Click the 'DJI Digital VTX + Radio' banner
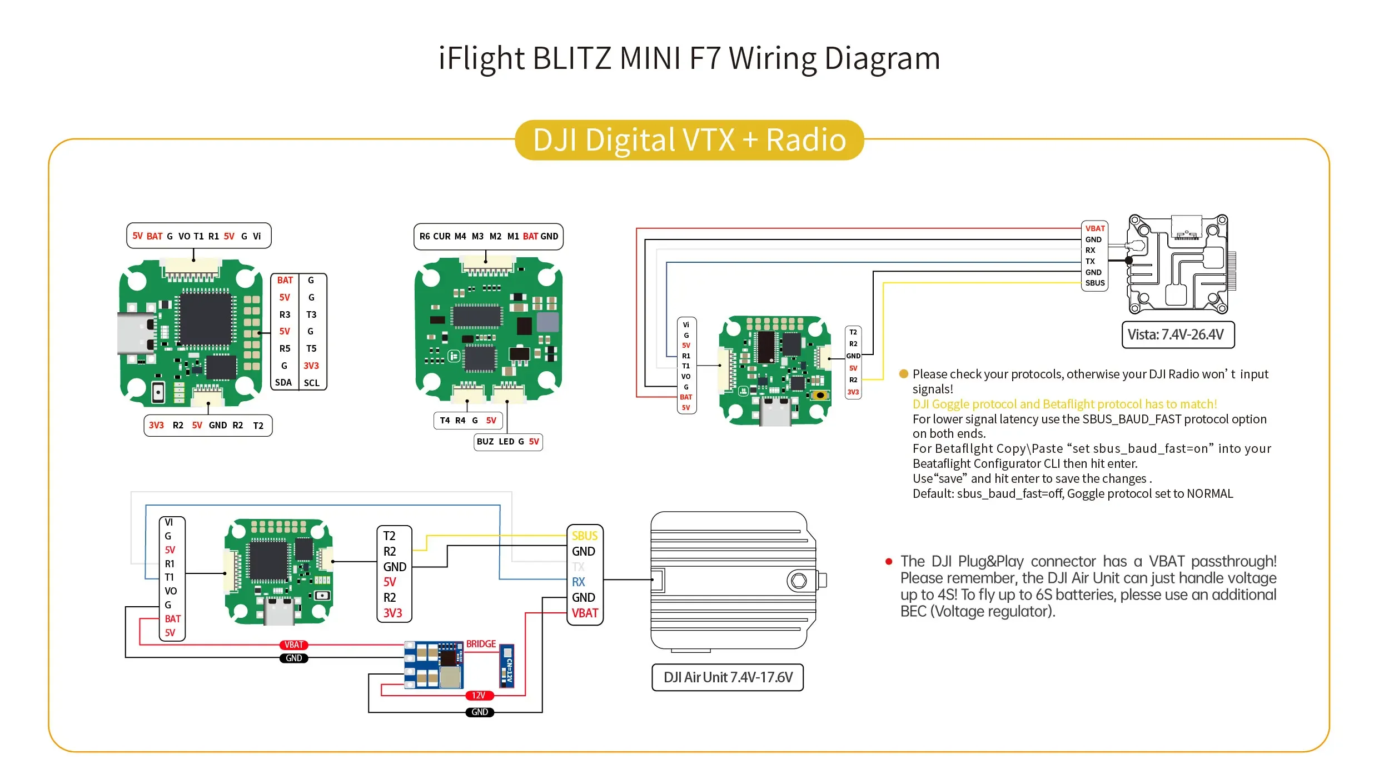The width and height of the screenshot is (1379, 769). [689, 140]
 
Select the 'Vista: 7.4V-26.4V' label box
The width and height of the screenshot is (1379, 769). [1178, 335]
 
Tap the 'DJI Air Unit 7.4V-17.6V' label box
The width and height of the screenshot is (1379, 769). [728, 677]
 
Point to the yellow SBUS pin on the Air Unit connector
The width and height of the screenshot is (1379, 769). [584, 536]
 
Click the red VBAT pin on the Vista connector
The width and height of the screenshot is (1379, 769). [1095, 228]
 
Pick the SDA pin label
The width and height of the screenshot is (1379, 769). [283, 383]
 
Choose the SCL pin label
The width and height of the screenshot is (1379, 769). [312, 383]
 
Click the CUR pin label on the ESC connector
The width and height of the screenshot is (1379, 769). [442, 237]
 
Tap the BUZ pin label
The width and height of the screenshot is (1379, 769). [485, 442]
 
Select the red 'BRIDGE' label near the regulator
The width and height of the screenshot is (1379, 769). [481, 644]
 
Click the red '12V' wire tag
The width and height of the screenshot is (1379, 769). [479, 696]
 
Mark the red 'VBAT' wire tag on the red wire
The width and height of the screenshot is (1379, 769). [294, 645]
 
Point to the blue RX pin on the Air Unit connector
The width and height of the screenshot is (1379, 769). [579, 582]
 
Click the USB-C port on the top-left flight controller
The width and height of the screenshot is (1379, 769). [133, 333]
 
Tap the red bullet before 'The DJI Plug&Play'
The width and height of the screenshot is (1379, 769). [889, 562]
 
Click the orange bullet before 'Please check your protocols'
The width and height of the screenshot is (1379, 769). [904, 374]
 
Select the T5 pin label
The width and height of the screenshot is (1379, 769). [311, 349]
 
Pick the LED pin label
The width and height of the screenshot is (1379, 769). [506, 442]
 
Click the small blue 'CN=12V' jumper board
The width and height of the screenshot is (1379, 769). [507, 666]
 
